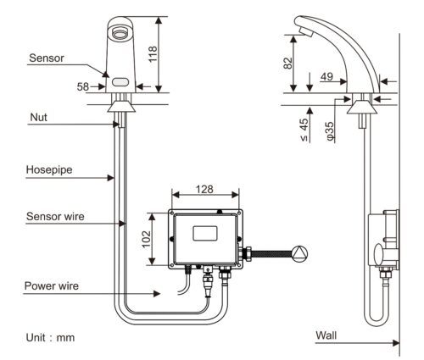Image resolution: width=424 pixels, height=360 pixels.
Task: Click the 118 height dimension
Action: pyautogui.click(x=153, y=54)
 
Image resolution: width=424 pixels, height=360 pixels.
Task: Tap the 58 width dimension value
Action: pyautogui.click(x=83, y=86)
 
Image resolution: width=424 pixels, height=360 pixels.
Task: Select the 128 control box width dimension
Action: pyautogui.click(x=204, y=189)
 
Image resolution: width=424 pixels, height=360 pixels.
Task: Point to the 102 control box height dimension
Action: pyautogui.click(x=146, y=239)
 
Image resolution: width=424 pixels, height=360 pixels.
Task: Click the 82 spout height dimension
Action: pyautogui.click(x=287, y=63)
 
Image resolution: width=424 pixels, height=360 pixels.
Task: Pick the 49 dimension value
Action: pyautogui.click(x=326, y=76)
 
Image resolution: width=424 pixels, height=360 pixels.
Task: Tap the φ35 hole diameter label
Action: pyautogui.click(x=330, y=131)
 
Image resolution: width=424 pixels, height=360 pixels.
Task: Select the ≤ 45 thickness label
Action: pyautogui.click(x=304, y=130)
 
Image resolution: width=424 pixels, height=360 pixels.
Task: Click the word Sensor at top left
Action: pyautogui.click(x=47, y=58)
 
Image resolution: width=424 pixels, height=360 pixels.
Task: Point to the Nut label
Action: pyautogui.click(x=39, y=117)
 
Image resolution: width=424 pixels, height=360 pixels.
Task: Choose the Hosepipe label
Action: pyautogui.click(x=49, y=170)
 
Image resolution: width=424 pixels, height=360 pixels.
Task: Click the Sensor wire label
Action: pyautogui.click(x=55, y=216)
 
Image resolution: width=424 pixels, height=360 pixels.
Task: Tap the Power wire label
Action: pyautogui.click(x=52, y=285)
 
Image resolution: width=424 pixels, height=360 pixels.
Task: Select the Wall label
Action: pyautogui.click(x=326, y=335)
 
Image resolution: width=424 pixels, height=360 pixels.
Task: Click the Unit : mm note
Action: pyautogui.click(x=50, y=337)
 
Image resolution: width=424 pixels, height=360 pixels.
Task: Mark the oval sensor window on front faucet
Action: pyautogui.click(x=120, y=82)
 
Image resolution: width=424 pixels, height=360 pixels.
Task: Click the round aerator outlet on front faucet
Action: pyautogui.click(x=120, y=32)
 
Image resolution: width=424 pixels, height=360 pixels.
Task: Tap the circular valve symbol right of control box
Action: pyautogui.click(x=299, y=253)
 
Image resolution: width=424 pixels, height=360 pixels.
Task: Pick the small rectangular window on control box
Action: pyautogui.click(x=205, y=234)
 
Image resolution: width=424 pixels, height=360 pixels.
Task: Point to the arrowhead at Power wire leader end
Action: pyautogui.click(x=157, y=294)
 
